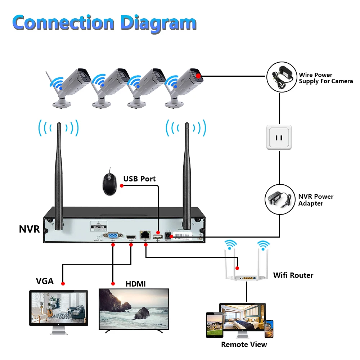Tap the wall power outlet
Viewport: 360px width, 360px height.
[x=279, y=137]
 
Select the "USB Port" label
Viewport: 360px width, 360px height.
[x=139, y=179]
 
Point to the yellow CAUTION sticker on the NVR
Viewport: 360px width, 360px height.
[x=98, y=225]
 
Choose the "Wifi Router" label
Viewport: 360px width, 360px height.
[x=293, y=275]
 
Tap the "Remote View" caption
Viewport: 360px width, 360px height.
[x=244, y=345]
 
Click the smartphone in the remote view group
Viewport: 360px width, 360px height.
[x=269, y=329]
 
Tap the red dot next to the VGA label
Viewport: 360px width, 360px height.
[x=63, y=284]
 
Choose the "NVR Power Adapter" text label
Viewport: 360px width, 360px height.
[x=316, y=200]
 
